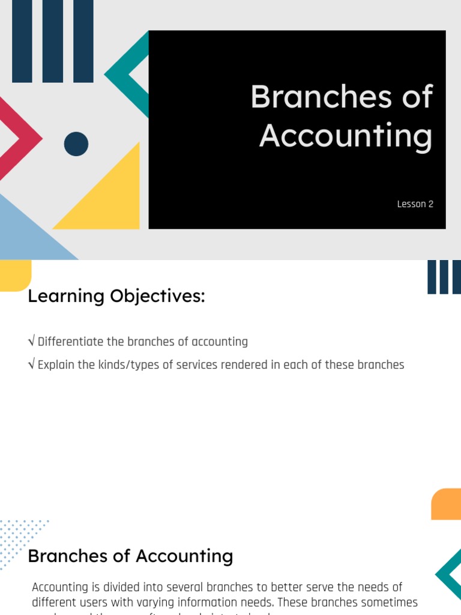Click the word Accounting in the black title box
tap(346, 136)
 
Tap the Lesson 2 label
tap(415, 204)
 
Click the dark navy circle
tap(76, 144)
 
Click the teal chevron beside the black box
tap(127, 74)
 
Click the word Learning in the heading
tap(65, 296)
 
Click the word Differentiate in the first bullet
tap(70, 342)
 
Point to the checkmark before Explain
tap(31, 365)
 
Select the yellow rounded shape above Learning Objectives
tap(16, 275)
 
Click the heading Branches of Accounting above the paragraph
tap(130, 556)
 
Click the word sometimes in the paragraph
tap(390, 602)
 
